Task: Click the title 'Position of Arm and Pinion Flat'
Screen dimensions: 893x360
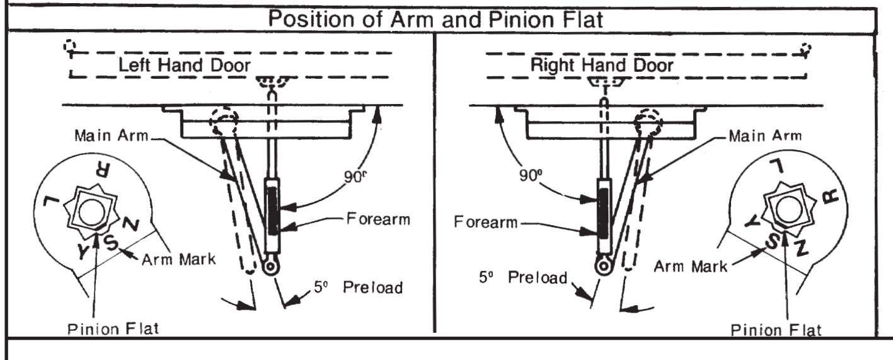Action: click(x=435, y=19)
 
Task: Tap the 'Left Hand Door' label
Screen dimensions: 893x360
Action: click(x=185, y=65)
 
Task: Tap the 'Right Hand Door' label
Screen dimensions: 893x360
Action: click(x=602, y=65)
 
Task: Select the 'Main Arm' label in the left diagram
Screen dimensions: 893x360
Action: click(x=111, y=136)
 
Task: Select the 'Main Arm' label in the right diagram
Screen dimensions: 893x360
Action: click(x=765, y=136)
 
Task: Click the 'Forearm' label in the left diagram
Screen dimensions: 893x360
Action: click(x=378, y=219)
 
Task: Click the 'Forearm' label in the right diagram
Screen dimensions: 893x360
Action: click(x=485, y=222)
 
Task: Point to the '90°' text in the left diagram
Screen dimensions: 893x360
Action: click(x=355, y=176)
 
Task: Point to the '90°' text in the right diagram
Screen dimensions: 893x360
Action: click(x=531, y=175)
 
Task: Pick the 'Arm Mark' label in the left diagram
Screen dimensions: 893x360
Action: click(x=178, y=260)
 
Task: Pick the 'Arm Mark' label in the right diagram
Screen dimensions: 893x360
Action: click(x=691, y=266)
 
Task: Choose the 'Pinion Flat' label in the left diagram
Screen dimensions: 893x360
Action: click(x=113, y=329)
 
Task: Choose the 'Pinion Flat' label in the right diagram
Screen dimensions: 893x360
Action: click(x=776, y=330)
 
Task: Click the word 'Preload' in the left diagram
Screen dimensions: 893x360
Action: click(x=372, y=287)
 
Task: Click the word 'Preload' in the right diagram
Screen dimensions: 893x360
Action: click(x=538, y=277)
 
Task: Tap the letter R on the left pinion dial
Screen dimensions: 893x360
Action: click(x=102, y=170)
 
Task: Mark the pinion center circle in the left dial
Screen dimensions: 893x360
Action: click(x=91, y=212)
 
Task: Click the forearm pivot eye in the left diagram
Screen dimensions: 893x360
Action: click(x=272, y=266)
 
